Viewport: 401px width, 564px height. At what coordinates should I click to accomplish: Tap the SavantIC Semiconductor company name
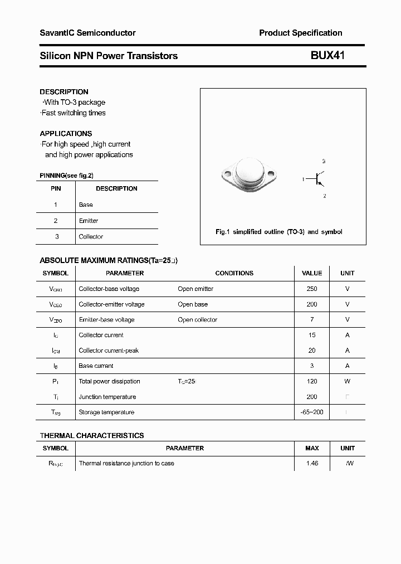[x=87, y=33]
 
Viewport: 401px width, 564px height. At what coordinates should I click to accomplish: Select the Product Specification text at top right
[x=300, y=33]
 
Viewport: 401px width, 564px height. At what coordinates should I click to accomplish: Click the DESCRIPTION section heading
[x=64, y=92]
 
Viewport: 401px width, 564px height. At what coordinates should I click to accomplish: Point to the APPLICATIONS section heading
[x=66, y=134]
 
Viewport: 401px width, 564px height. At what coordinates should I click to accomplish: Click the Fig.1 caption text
[x=278, y=232]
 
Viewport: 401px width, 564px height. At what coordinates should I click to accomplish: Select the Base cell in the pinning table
[x=86, y=205]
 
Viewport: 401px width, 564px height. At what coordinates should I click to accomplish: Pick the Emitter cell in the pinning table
[x=89, y=221]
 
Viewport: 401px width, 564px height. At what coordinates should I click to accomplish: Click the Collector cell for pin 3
[x=91, y=237]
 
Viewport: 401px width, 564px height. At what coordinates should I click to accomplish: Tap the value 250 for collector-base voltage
[x=312, y=289]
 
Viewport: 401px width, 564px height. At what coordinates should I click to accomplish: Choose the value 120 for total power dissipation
[x=312, y=381]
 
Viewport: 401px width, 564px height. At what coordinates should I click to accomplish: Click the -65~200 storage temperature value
[x=312, y=412]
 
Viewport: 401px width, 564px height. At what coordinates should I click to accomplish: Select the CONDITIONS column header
[x=234, y=273]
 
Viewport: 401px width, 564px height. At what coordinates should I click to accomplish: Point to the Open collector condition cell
[x=197, y=320]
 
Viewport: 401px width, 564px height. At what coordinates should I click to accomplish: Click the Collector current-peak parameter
[x=109, y=351]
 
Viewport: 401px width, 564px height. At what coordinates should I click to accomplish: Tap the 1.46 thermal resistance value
[x=312, y=464]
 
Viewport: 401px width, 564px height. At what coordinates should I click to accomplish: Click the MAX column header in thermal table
[x=312, y=448]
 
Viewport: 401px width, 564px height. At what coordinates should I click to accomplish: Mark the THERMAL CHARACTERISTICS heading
[x=92, y=436]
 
